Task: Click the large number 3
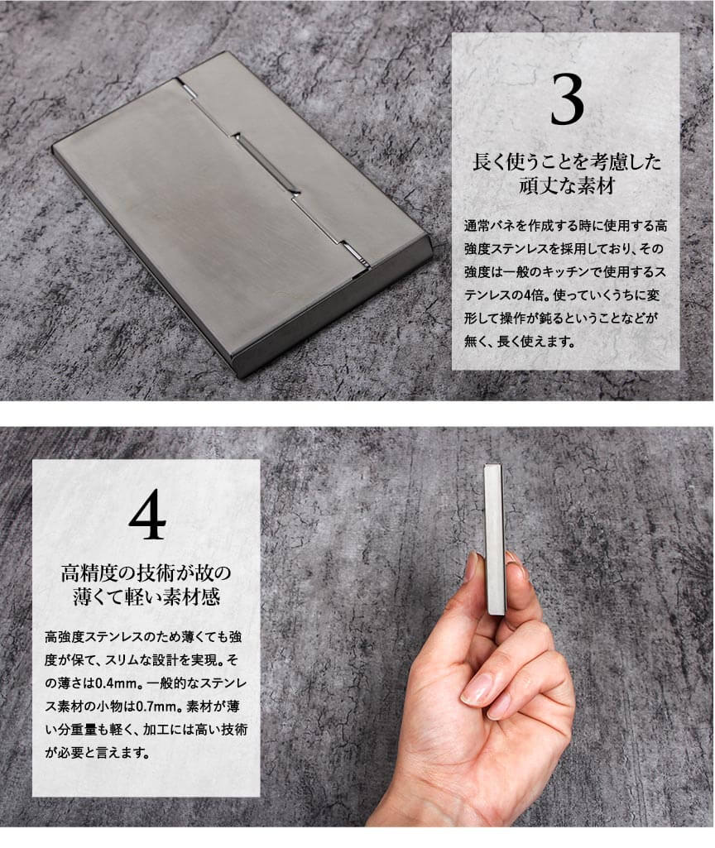tap(567, 100)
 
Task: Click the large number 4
tap(146, 515)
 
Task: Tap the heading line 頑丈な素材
tap(566, 186)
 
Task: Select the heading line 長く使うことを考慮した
tap(566, 161)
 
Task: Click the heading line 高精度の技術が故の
tap(146, 573)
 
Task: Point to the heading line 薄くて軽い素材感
tap(146, 596)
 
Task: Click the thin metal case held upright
tap(495, 539)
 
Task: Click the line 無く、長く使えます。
tap(520, 342)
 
